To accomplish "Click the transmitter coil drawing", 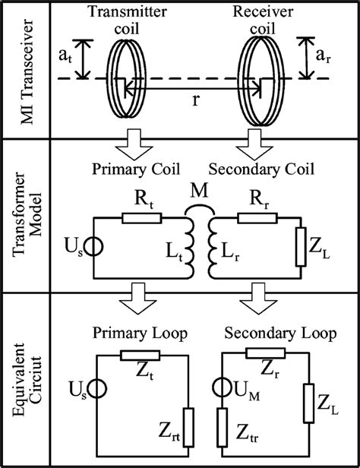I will coord(121,76).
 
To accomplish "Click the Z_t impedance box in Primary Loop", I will coord(141,356).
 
